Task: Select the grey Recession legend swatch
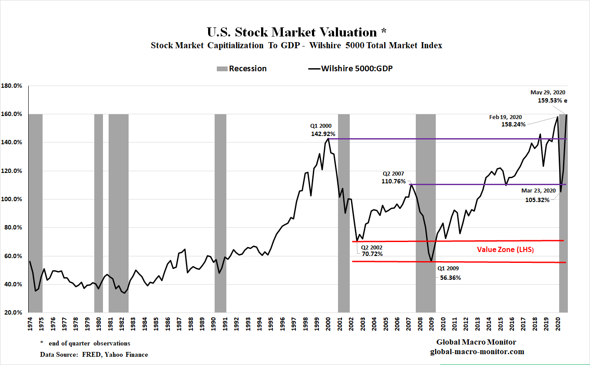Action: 221,69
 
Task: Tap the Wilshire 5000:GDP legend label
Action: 357,69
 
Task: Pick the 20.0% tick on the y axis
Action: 13,313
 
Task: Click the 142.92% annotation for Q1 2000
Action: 323,134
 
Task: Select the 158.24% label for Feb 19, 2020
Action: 514,124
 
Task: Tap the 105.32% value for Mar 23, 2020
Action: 537,200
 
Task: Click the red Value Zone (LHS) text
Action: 505,250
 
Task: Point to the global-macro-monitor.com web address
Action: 477,352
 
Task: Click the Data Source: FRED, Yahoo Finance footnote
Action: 94,355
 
